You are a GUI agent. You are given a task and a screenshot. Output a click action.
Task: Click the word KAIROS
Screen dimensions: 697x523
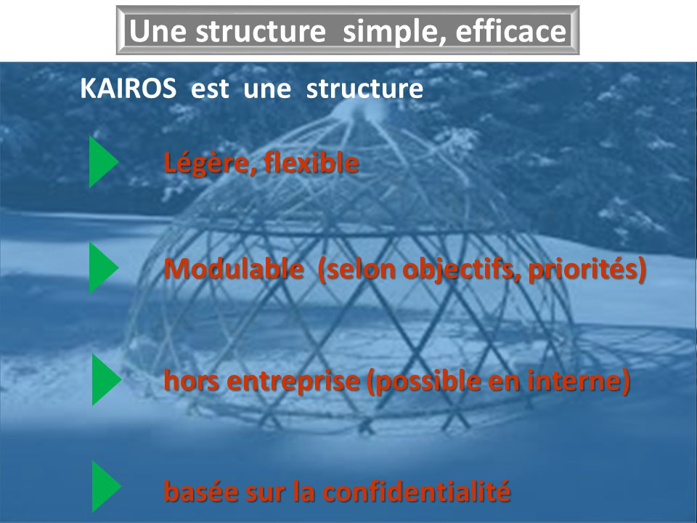tap(128, 89)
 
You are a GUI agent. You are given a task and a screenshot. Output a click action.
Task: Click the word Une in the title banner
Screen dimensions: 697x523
tap(158, 31)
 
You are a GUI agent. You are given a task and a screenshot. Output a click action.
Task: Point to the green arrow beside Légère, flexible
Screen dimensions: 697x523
tap(103, 162)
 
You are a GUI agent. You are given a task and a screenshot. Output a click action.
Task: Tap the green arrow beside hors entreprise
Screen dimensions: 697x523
tap(106, 379)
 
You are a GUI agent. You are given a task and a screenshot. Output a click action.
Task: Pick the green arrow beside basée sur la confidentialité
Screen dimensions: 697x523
tap(106, 486)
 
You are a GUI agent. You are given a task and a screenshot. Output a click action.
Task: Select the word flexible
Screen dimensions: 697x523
tap(311, 162)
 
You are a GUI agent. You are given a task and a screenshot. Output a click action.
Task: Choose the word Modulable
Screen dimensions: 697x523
tap(234, 268)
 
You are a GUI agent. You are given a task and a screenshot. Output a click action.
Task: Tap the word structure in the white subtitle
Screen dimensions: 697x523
tap(364, 89)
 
